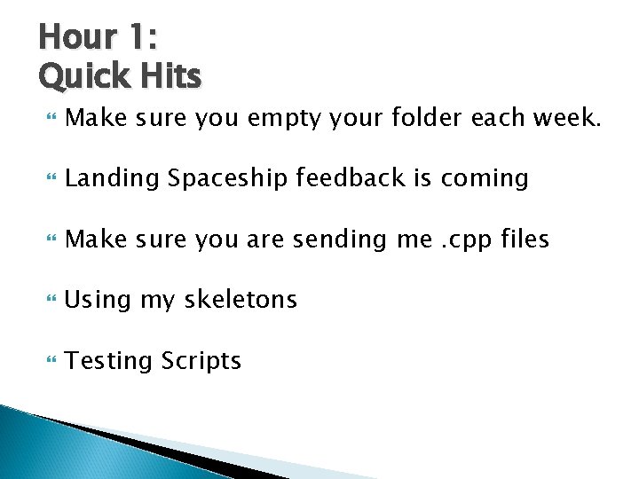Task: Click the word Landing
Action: (113, 179)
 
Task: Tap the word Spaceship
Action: (228, 179)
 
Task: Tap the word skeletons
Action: (241, 300)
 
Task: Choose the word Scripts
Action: (201, 361)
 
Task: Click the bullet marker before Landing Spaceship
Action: (47, 179)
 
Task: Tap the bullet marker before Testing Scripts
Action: (47, 361)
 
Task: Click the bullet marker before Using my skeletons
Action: (47, 301)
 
